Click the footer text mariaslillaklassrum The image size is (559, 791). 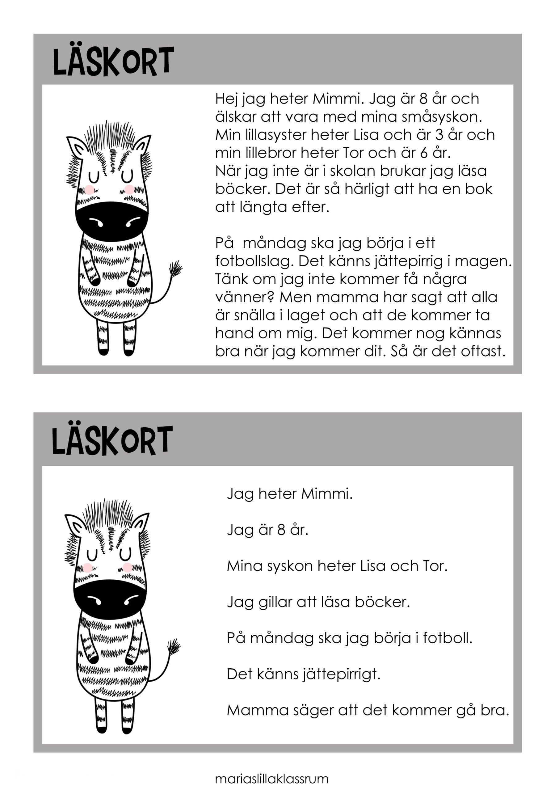pyautogui.click(x=272, y=778)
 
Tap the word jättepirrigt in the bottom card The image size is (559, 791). pyautogui.click(x=341, y=674)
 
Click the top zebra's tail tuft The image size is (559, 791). pyautogui.click(x=175, y=268)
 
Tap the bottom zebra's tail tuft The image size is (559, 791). pyautogui.click(x=174, y=645)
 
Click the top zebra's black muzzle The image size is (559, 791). pyautogui.click(x=112, y=221)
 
